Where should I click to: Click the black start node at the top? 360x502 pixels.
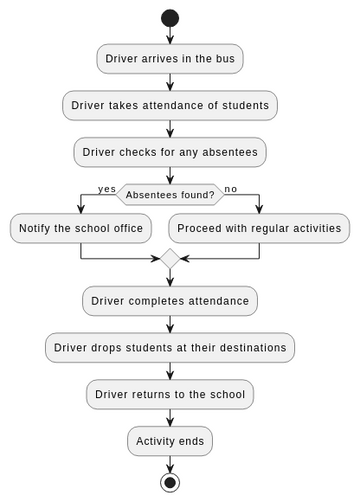click(170, 18)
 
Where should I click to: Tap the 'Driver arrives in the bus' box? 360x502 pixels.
click(170, 59)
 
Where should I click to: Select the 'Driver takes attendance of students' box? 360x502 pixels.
click(170, 105)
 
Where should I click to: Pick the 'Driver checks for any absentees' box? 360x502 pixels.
click(170, 152)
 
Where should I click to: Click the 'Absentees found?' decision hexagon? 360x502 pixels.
click(170, 194)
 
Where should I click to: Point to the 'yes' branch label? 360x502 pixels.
click(106, 188)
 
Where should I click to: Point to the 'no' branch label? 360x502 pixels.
click(231, 188)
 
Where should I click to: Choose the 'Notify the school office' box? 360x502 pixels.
click(79, 228)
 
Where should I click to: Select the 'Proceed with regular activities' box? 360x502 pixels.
click(259, 228)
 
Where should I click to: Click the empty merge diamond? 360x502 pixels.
click(170, 259)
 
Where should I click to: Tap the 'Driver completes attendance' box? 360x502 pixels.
click(170, 301)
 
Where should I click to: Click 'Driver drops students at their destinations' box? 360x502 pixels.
click(170, 347)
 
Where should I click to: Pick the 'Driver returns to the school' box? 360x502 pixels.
click(170, 394)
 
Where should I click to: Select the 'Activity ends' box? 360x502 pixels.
click(170, 441)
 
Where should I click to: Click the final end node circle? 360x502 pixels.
click(170, 483)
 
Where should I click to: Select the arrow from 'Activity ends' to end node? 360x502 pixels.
click(170, 464)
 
